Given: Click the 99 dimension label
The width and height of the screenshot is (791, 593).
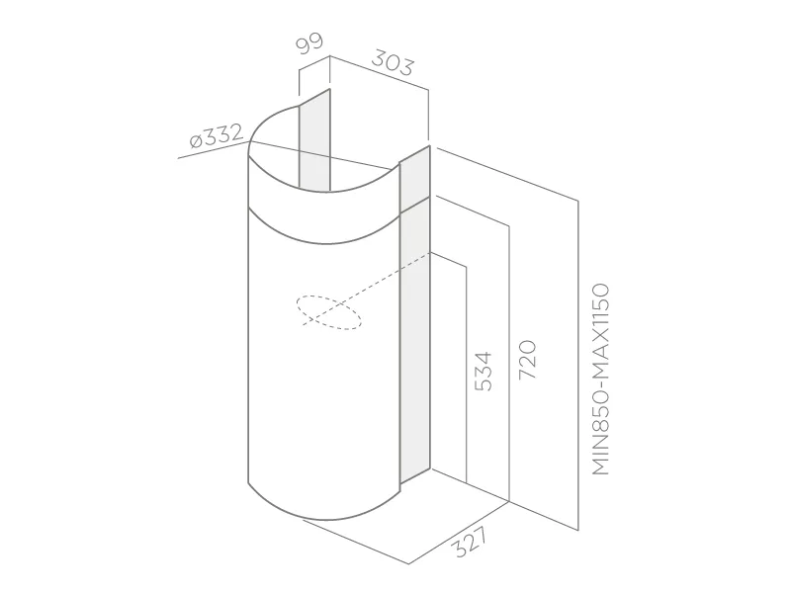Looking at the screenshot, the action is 309,43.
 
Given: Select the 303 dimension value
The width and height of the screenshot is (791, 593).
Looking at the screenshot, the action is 392,62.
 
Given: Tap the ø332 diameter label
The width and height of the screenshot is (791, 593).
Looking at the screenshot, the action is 217,135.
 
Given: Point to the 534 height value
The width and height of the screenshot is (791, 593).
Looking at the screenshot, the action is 483,372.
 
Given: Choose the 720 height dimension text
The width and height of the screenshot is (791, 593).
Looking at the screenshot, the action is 527,360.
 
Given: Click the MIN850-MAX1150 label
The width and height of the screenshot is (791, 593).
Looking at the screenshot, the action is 600,380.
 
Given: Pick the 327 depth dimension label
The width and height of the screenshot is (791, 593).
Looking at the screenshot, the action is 471,542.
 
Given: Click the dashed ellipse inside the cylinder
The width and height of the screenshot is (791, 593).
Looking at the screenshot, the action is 329,312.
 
